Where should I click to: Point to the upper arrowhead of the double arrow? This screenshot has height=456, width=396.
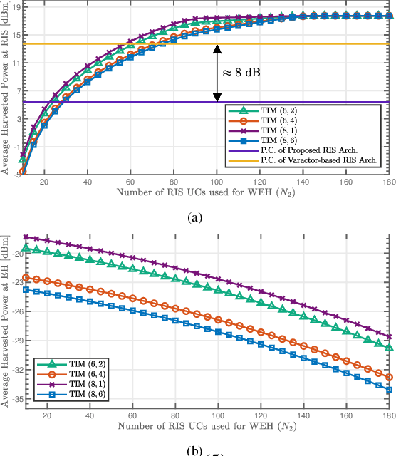point(217,49)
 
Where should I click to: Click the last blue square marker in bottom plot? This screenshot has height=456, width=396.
point(388,390)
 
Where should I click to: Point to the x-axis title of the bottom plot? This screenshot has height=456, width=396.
point(207,427)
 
